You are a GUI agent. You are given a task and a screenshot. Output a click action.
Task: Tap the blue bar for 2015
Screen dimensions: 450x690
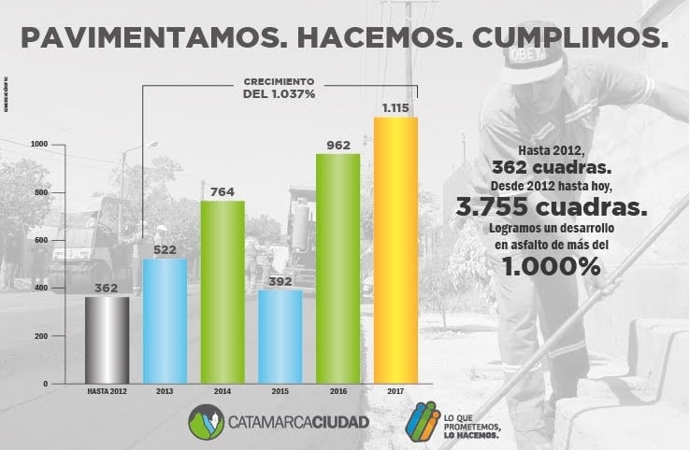point(280,336)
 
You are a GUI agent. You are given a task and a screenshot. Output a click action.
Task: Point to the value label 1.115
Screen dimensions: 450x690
point(395,108)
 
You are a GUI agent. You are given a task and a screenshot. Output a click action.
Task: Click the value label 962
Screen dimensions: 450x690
point(338,145)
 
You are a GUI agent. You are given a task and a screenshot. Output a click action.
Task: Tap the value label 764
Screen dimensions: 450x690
point(223,191)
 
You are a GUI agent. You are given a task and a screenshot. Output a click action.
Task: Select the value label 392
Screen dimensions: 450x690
point(280,280)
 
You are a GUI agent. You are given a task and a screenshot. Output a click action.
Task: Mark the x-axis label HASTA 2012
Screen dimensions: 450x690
point(107,392)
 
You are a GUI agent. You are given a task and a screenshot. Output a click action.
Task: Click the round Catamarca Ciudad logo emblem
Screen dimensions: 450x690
point(206,421)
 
